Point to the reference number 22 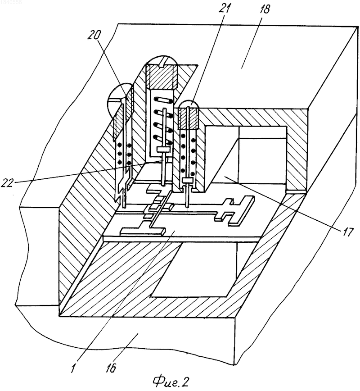(x=9, y=183)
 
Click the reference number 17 (x=346, y=232)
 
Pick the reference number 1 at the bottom (x=74, y=368)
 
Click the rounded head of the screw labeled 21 (x=189, y=104)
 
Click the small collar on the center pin (x=163, y=149)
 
